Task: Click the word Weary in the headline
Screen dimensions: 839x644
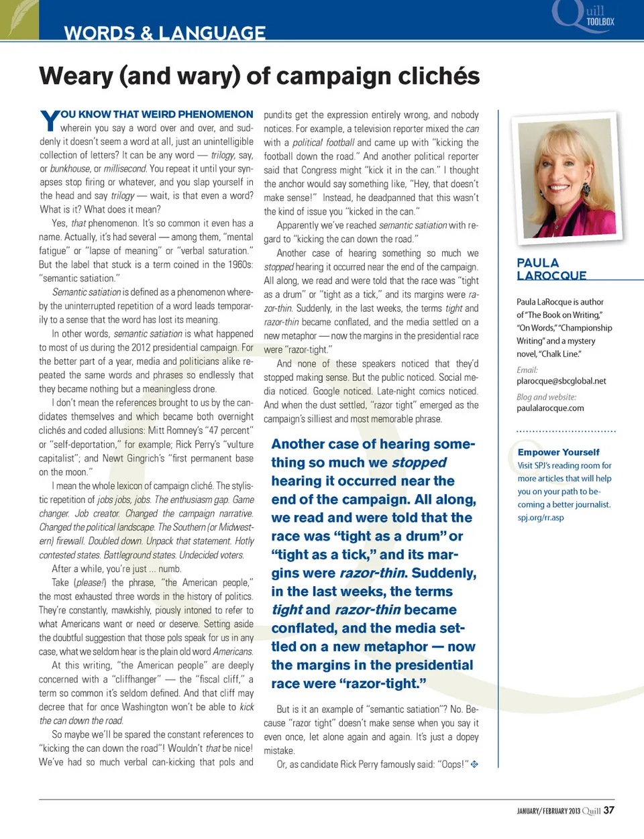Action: click(76, 76)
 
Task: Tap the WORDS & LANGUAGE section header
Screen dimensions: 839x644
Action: click(164, 33)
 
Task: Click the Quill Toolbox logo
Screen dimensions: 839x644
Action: click(583, 17)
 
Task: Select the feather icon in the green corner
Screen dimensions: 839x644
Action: click(19, 19)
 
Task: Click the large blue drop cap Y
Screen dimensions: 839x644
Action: click(49, 121)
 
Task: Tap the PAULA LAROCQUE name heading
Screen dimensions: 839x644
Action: click(551, 269)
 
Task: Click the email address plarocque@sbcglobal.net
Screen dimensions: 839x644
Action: click(561, 381)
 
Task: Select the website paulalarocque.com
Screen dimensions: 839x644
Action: click(550, 408)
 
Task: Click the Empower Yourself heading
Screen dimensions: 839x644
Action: click(558, 452)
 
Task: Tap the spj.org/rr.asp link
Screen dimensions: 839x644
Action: click(541, 517)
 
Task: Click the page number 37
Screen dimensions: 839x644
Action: click(608, 810)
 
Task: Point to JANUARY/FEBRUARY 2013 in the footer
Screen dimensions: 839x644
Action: click(548, 811)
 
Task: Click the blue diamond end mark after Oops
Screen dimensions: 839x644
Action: click(474, 764)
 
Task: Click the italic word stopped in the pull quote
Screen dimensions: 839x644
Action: click(419, 463)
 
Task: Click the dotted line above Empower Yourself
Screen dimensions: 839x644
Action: click(566, 431)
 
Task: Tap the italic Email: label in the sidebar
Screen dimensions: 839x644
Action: click(527, 370)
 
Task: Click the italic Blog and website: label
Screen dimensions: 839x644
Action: click(546, 397)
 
